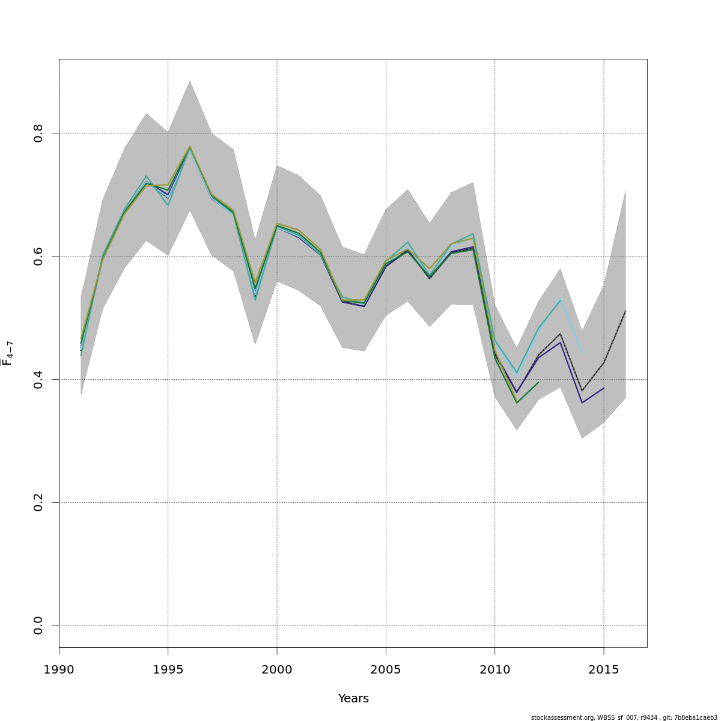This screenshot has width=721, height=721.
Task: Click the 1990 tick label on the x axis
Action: (x=59, y=670)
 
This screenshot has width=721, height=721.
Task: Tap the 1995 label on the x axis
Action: (x=168, y=670)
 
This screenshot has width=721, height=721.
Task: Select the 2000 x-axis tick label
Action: (x=276, y=670)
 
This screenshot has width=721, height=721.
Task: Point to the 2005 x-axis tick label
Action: (x=386, y=670)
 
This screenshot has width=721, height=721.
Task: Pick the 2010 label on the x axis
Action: (x=494, y=670)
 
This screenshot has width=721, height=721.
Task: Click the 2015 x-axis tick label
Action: (x=603, y=670)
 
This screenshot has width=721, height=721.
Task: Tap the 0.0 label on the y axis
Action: (x=38, y=625)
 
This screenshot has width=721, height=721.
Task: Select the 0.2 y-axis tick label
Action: (x=38, y=502)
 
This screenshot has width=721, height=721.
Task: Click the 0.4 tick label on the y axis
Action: (x=38, y=379)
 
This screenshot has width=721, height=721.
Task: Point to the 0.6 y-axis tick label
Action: (x=38, y=256)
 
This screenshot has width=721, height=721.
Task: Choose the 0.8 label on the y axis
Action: (x=38, y=133)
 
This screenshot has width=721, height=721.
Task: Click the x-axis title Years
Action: (x=353, y=699)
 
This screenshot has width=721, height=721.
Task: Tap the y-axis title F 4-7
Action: (x=8, y=353)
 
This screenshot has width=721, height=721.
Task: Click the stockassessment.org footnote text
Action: (x=624, y=717)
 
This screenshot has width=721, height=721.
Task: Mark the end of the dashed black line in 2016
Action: (x=625, y=311)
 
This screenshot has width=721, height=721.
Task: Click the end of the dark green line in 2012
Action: (x=538, y=382)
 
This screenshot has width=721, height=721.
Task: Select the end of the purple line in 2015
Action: (x=604, y=388)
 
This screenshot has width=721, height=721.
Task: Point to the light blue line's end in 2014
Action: (x=582, y=352)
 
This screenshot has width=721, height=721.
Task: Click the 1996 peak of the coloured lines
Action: (x=190, y=147)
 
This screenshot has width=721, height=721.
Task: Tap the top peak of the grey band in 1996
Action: (x=190, y=81)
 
